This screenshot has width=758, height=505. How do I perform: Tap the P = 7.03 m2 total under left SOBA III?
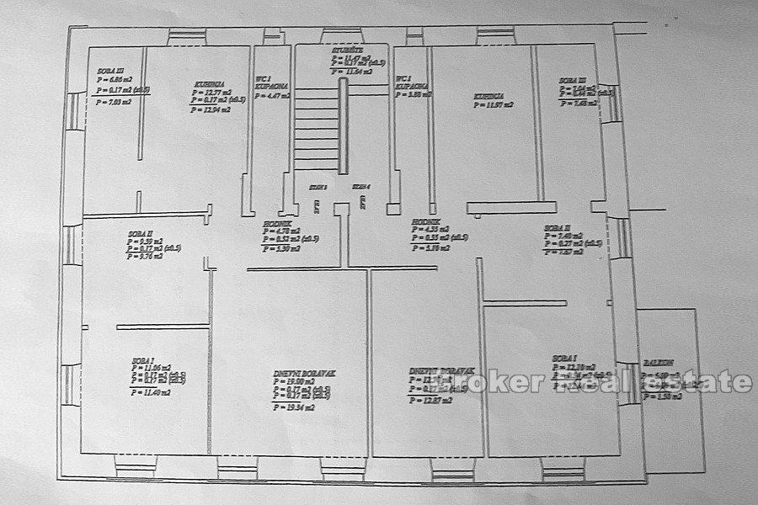tap(115, 102)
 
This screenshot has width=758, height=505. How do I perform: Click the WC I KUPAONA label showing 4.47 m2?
tap(272, 84)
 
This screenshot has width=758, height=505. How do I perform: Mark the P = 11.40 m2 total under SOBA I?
tap(152, 391)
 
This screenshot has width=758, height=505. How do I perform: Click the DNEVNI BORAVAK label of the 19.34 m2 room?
tap(295, 373)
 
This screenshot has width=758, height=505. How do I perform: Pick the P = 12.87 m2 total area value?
tap(430, 401)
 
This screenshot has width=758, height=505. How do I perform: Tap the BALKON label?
tap(656, 363)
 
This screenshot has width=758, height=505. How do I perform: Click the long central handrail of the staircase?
tap(343, 126)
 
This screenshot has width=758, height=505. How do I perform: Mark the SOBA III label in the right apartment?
tap(571, 82)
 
